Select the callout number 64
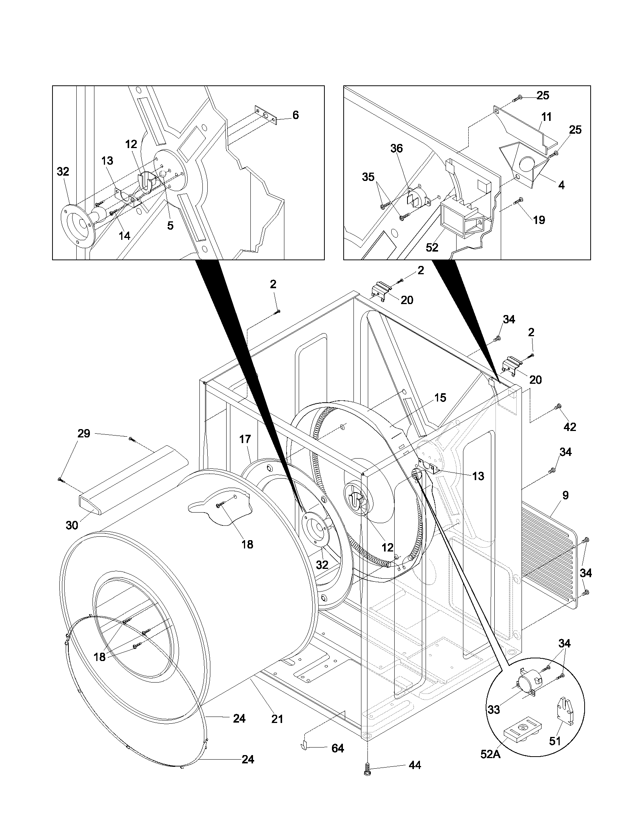pos(337,748)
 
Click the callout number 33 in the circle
pos(494,709)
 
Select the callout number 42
pos(569,427)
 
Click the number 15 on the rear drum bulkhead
pos(440,398)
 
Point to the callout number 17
pos(245,439)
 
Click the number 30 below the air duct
pos(72,525)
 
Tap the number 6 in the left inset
pos(296,115)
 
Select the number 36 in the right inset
pos(396,148)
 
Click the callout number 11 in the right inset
pos(546,117)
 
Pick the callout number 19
pos(539,219)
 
